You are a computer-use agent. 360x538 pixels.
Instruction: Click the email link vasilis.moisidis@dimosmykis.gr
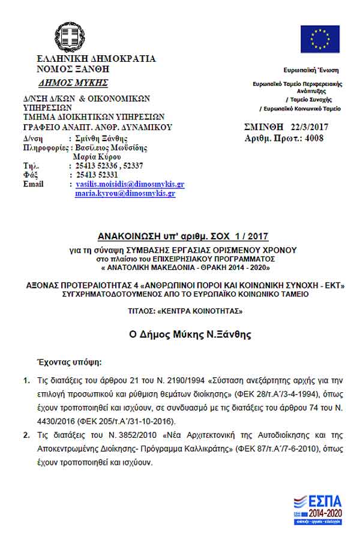(130, 184)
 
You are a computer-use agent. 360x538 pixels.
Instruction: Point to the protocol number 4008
(314, 138)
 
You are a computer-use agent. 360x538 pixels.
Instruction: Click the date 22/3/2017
(307, 128)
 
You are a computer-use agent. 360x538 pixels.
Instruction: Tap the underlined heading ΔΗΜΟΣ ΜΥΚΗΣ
(73, 83)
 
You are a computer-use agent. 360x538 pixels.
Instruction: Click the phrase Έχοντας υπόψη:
(70, 363)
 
